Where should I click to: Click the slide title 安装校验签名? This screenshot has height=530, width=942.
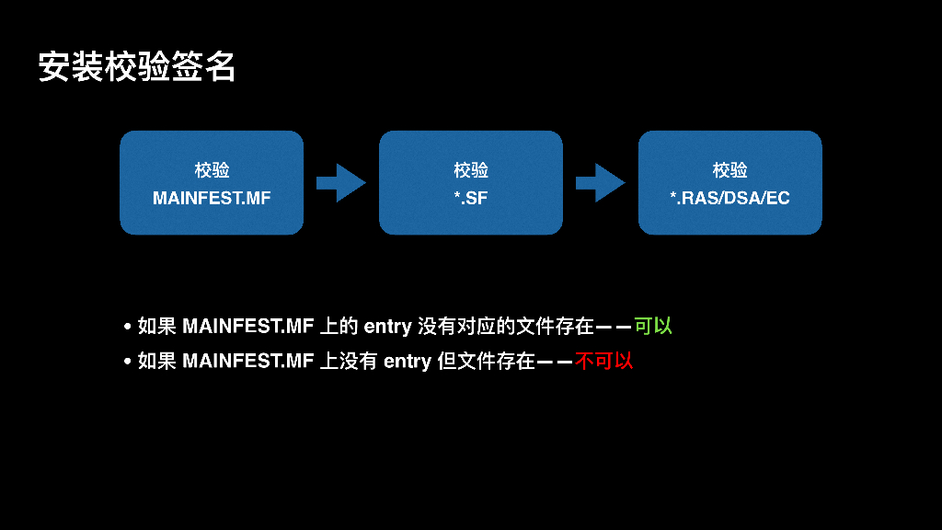point(137,66)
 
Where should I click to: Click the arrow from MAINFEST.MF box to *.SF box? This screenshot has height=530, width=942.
point(340,182)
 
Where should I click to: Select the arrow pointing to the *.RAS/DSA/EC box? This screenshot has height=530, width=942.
point(600,182)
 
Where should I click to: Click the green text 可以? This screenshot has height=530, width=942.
point(653,326)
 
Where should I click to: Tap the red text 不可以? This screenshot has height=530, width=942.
point(604,361)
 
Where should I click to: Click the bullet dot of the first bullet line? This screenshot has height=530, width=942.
point(128,327)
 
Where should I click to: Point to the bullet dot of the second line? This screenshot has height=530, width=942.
point(128,362)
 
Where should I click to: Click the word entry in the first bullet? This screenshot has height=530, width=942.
point(387,327)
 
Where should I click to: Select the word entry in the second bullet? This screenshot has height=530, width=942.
point(408,362)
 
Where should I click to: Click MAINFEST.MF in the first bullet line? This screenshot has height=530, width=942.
point(248,327)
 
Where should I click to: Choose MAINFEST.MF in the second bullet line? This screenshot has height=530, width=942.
point(248,362)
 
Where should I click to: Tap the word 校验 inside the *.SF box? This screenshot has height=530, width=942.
point(471,170)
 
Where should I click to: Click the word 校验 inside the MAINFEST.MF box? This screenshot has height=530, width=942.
point(212,170)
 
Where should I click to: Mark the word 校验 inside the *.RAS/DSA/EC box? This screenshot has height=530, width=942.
point(730,170)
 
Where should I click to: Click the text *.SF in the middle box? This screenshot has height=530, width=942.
point(471,198)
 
